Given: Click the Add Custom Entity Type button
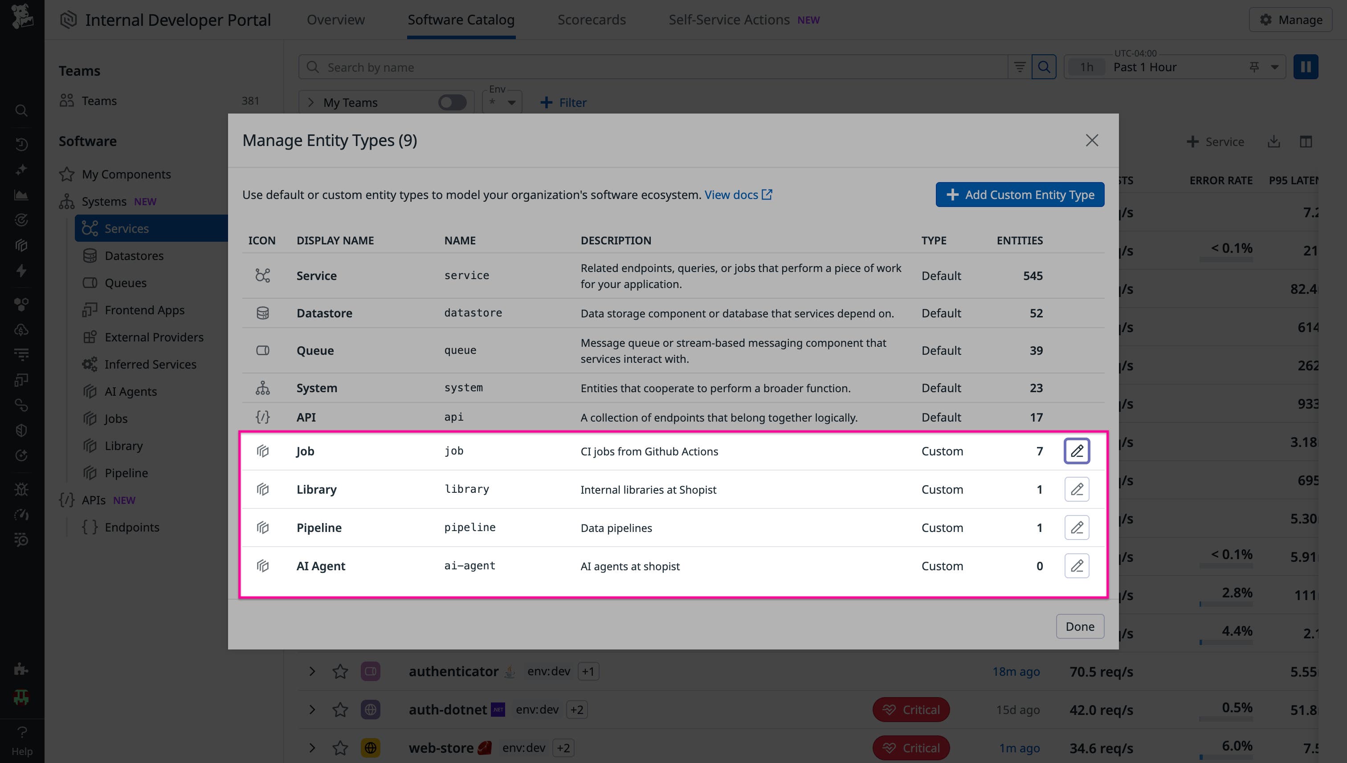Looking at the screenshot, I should [1019, 195].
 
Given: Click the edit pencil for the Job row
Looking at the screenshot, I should [1077, 450].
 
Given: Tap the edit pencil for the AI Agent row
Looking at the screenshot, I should [1077, 566].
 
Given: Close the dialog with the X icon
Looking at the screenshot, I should [1092, 140].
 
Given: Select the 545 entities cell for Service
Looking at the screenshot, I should [1033, 276].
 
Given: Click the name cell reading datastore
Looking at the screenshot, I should [473, 313].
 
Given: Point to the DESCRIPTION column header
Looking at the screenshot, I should [616, 240].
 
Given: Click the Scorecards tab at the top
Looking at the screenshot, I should [591, 20].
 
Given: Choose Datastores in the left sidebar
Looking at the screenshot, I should [134, 256].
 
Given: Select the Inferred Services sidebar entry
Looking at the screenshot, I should [150, 364].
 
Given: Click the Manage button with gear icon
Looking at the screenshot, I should [1290, 20].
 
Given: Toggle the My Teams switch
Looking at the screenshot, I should [452, 102].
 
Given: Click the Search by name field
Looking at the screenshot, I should [650, 67].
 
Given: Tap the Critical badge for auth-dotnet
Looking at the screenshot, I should [911, 710].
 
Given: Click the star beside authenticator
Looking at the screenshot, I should [340, 671].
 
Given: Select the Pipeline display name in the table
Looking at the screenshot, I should [319, 528].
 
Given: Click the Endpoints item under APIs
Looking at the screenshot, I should [131, 527].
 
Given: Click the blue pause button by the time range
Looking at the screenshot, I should [1305, 67].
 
